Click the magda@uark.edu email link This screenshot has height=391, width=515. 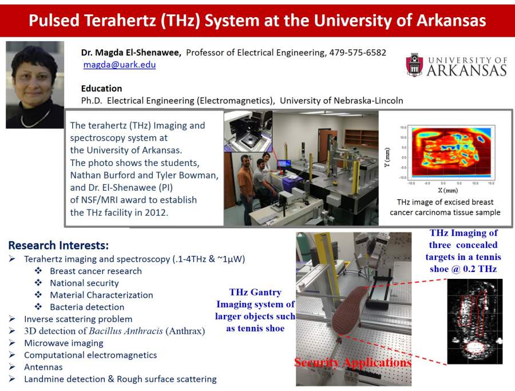[120, 64]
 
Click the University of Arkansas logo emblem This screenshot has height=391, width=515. [415, 65]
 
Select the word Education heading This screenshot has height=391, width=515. [101, 88]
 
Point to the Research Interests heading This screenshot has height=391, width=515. [58, 245]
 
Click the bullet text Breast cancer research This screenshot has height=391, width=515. [96, 271]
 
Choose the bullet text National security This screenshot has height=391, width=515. [85, 283]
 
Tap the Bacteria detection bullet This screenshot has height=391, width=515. [87, 307]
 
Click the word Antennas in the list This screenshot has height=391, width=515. [43, 367]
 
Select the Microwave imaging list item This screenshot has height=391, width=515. [64, 343]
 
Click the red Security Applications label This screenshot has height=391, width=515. [352, 362]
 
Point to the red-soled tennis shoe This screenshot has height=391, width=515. [349, 309]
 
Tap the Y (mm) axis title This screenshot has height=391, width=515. [387, 157]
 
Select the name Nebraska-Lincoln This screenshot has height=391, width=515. [369, 101]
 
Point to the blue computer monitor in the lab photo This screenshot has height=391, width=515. [284, 163]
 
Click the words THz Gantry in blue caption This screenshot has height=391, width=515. [255, 292]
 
